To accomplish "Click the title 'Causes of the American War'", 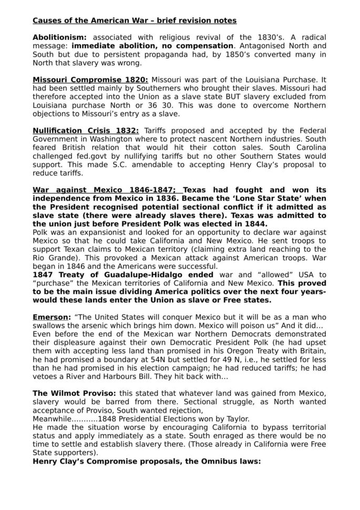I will [x=95, y=21].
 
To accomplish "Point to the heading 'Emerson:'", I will [x=51, y=318].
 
